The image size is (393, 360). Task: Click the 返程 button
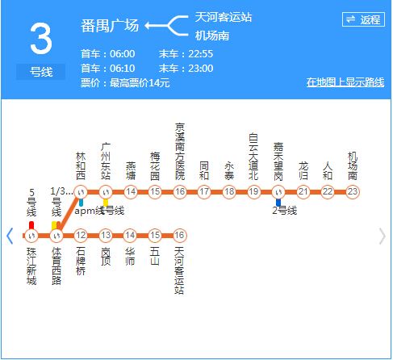(x=362, y=19)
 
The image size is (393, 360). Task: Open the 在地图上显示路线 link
(x=344, y=82)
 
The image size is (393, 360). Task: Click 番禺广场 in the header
(x=110, y=26)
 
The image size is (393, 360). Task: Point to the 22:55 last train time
(x=198, y=54)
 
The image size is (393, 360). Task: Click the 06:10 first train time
(x=119, y=69)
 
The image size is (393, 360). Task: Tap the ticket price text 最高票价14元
(x=140, y=83)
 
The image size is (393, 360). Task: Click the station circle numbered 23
(x=353, y=191)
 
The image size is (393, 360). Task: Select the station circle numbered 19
(x=253, y=191)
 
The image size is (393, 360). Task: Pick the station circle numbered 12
(x=81, y=236)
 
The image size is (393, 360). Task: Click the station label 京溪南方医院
(x=180, y=151)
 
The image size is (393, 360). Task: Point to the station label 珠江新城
(x=31, y=266)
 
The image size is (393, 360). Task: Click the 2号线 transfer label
(x=284, y=211)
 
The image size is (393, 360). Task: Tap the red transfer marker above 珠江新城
(x=31, y=225)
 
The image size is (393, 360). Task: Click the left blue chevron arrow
(x=10, y=236)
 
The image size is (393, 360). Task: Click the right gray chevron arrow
(x=383, y=236)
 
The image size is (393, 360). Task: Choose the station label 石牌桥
(x=81, y=262)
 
